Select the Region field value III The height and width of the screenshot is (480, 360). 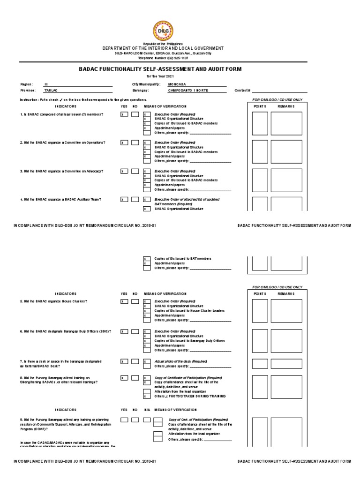[x=46, y=84]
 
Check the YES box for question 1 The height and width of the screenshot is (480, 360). [x=124, y=114]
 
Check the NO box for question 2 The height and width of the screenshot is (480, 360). [x=135, y=142]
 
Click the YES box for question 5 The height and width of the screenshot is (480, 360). [x=124, y=301]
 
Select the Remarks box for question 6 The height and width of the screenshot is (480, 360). [x=286, y=341]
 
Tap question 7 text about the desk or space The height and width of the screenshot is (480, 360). [x=61, y=363]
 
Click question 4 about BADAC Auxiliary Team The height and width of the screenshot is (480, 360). [x=60, y=199]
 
